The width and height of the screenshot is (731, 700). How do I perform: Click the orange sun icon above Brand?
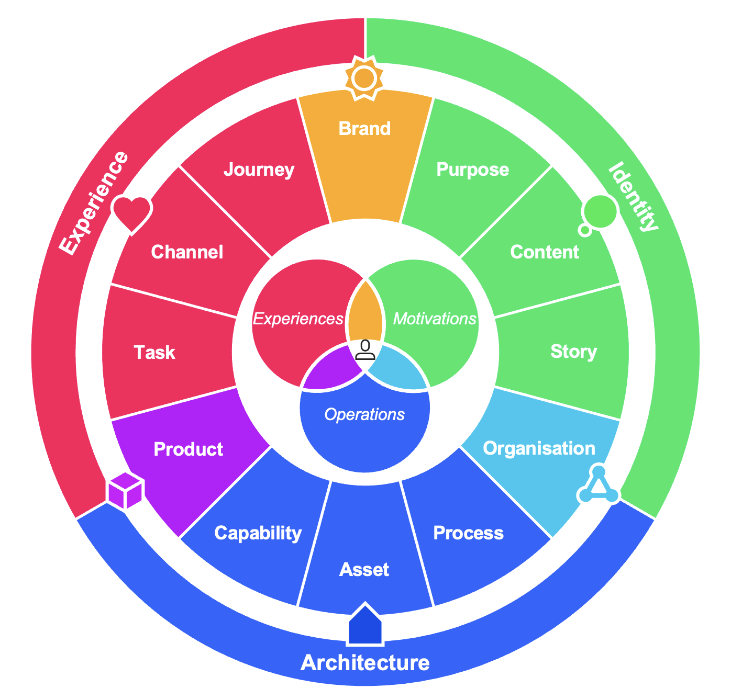[365, 78]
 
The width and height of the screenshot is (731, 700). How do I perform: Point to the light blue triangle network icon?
[599, 486]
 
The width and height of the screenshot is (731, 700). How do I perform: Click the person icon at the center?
[365, 349]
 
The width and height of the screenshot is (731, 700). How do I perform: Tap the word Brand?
[365, 129]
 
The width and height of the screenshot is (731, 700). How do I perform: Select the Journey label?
[259, 170]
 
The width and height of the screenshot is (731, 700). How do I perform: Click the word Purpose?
[472, 170]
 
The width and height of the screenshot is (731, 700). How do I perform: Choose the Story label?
[573, 352]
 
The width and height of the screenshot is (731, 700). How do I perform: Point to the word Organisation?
[539, 448]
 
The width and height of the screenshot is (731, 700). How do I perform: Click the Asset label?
[364, 570]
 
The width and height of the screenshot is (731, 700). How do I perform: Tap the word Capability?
[258, 533]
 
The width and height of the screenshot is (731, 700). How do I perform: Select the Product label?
[189, 449]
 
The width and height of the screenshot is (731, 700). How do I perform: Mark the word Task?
[154, 353]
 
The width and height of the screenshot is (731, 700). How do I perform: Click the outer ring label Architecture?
[365, 663]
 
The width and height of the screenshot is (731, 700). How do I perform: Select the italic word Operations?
[364, 415]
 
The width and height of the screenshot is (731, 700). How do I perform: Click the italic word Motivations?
[435, 319]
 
